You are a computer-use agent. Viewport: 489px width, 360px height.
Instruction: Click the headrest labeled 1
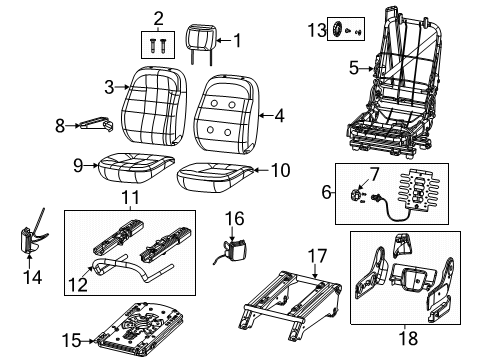pyautogui.click(x=203, y=41)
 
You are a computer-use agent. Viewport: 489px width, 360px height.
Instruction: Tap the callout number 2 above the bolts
pyautogui.click(x=157, y=17)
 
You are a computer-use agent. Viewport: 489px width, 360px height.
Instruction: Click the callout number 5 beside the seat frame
pyautogui.click(x=353, y=68)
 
